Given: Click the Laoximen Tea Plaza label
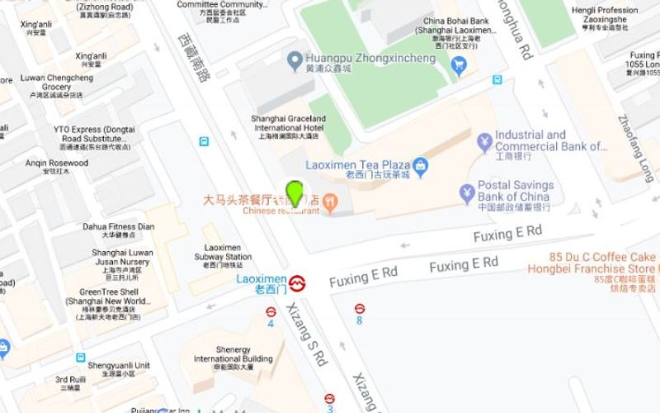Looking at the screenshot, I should pos(358,165).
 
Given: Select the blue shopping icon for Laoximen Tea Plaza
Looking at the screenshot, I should pos(421,166).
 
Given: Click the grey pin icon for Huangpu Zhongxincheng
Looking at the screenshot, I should pos(293,59).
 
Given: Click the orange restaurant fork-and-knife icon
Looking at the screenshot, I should pos(330,199).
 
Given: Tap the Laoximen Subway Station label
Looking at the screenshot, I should pos(224,257).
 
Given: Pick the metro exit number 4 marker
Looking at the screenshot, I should pos(271,316).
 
